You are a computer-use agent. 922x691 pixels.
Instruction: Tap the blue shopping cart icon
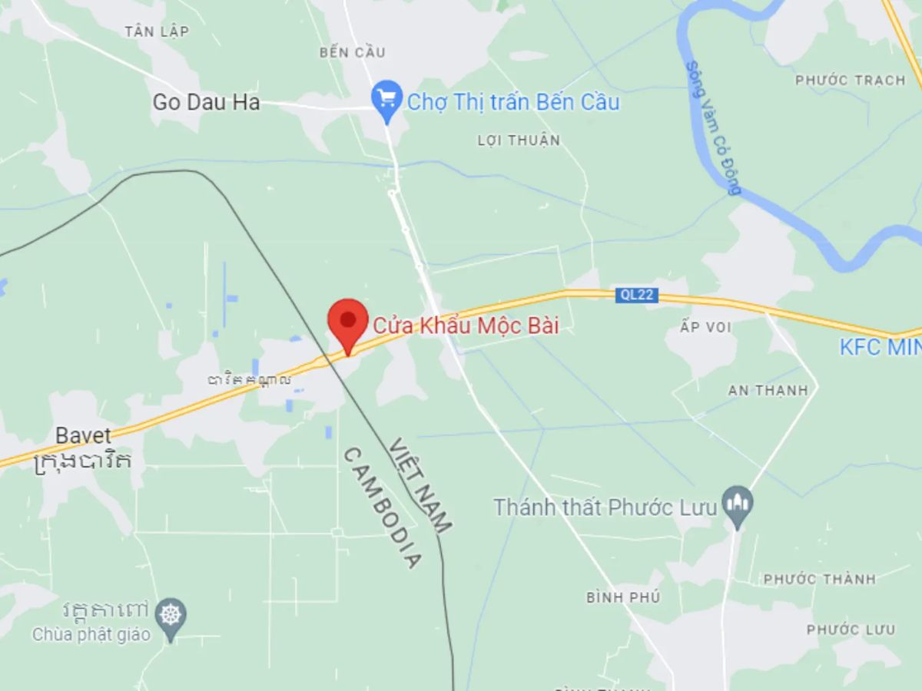[x=386, y=99]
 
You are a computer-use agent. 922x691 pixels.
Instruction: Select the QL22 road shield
[x=636, y=295]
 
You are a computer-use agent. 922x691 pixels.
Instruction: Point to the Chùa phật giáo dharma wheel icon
[x=170, y=616]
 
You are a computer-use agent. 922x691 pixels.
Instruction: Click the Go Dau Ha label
[x=206, y=102]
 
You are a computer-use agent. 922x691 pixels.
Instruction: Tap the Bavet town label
[x=83, y=436]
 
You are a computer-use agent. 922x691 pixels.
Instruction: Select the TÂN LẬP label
[x=157, y=31]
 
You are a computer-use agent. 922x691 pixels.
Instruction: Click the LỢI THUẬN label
[x=519, y=141]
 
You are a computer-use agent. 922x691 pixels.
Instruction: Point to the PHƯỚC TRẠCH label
[x=851, y=81]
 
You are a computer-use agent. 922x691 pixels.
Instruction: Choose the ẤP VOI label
[x=706, y=328]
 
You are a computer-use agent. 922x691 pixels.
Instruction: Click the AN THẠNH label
[x=768, y=390]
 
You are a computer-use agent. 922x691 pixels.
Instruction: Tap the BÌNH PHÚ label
[x=622, y=597]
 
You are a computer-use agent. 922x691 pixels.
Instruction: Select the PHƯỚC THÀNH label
[x=819, y=579]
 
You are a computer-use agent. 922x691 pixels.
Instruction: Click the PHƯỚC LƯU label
[x=851, y=630]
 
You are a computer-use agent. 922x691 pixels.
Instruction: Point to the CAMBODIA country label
[x=381, y=508]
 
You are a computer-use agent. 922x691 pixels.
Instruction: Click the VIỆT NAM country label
[x=420, y=484]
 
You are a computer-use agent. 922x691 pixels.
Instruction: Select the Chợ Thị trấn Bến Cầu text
[x=512, y=102]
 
